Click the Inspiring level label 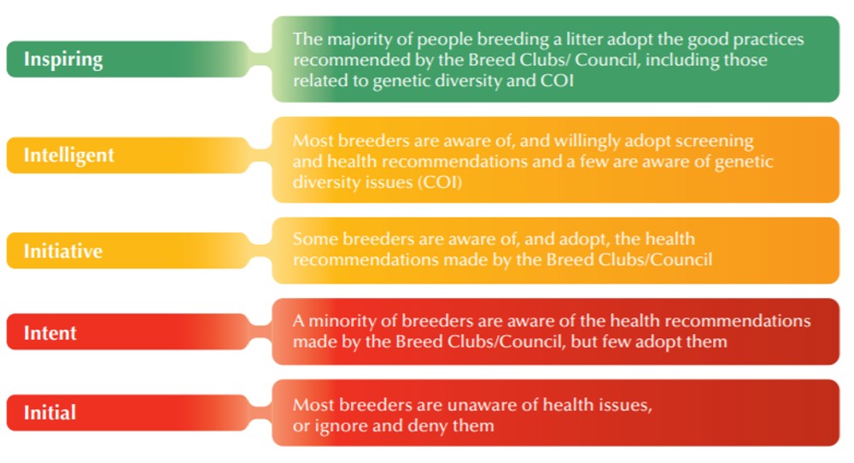tap(63, 60)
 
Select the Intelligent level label tap(69, 155)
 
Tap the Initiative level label tap(63, 251)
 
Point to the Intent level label tap(50, 333)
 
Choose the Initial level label tap(50, 413)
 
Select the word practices tap(765, 40)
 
